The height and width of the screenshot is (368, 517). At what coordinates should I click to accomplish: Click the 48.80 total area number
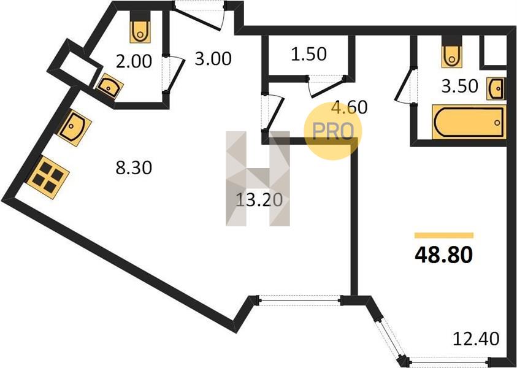[443, 255]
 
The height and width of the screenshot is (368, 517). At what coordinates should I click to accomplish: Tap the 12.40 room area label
[476, 339]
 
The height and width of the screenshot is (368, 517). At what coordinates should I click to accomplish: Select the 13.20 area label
[259, 200]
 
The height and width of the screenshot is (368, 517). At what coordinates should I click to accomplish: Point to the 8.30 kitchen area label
[134, 168]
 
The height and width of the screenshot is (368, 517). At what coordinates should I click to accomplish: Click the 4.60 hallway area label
[350, 107]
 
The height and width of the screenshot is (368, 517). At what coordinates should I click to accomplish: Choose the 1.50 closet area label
[309, 54]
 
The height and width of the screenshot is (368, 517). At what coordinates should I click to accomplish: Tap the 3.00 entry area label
[213, 59]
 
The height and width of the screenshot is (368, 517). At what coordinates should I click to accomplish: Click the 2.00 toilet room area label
[134, 61]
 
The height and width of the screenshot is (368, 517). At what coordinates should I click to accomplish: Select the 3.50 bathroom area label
[459, 86]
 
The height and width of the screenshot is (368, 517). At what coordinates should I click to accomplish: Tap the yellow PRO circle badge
[333, 131]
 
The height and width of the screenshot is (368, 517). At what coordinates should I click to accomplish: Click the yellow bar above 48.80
[444, 236]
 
